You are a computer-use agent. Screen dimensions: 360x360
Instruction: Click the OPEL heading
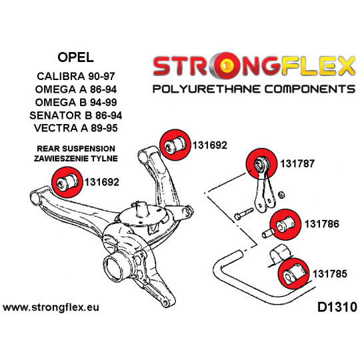coord(75,57)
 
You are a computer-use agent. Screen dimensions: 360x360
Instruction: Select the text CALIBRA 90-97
coord(76,76)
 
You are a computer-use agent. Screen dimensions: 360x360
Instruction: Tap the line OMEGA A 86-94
coord(76,89)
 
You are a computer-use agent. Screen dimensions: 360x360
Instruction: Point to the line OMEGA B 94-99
coord(76,102)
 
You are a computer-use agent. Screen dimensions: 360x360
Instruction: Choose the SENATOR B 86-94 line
coord(76,115)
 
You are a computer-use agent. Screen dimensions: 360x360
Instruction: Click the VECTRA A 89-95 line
coord(76,128)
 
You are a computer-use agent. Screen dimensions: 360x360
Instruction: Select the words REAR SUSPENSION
coord(76,149)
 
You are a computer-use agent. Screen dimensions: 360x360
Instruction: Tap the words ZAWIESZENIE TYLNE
coord(76,159)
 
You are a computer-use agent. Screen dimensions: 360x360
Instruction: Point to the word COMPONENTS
coord(310,89)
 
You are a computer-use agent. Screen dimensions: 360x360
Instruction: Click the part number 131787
coord(297,164)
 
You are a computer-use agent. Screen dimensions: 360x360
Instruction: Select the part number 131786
coord(321,224)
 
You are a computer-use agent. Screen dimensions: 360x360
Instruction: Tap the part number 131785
coord(330,274)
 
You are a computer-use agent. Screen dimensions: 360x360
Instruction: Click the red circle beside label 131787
coord(261,163)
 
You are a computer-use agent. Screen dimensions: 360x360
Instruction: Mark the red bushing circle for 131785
coord(293,273)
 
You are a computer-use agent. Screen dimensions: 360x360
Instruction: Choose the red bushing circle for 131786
coord(285,224)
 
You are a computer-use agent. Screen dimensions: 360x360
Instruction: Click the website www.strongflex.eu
coord(51,307)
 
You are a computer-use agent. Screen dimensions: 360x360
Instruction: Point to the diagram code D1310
coord(337,307)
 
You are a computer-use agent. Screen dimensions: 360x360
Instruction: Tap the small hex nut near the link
coord(281,195)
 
